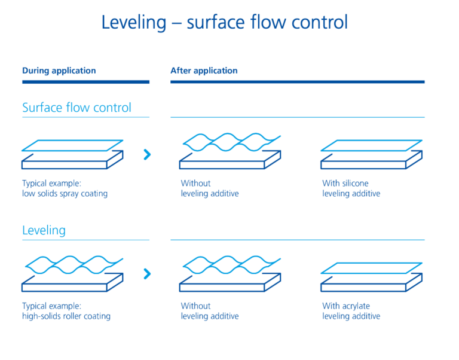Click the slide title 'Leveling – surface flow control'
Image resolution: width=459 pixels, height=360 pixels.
click(224, 22)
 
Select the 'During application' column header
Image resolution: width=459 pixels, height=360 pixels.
click(59, 71)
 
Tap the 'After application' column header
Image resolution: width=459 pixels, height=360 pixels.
click(204, 71)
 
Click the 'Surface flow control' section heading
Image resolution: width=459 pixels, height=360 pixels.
click(76, 108)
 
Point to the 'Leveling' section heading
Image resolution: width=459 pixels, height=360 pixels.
click(44, 230)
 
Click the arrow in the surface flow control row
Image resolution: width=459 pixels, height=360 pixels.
click(147, 155)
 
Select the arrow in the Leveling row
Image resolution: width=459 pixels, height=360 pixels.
click(147, 274)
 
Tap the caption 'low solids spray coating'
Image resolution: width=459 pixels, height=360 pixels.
click(65, 194)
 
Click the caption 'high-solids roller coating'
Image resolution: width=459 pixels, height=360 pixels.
click(66, 316)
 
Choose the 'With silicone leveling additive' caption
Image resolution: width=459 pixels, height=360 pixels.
click(351, 188)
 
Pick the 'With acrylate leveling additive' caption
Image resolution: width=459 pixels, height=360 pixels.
click(351, 311)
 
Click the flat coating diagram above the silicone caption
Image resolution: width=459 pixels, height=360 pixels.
click(371, 154)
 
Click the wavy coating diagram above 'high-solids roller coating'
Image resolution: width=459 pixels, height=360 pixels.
click(72, 272)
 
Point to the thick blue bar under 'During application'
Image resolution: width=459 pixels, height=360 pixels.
click(85, 82)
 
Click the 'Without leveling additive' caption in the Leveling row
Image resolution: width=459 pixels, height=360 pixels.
click(210, 311)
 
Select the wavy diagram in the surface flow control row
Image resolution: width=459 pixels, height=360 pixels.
click(230, 151)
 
